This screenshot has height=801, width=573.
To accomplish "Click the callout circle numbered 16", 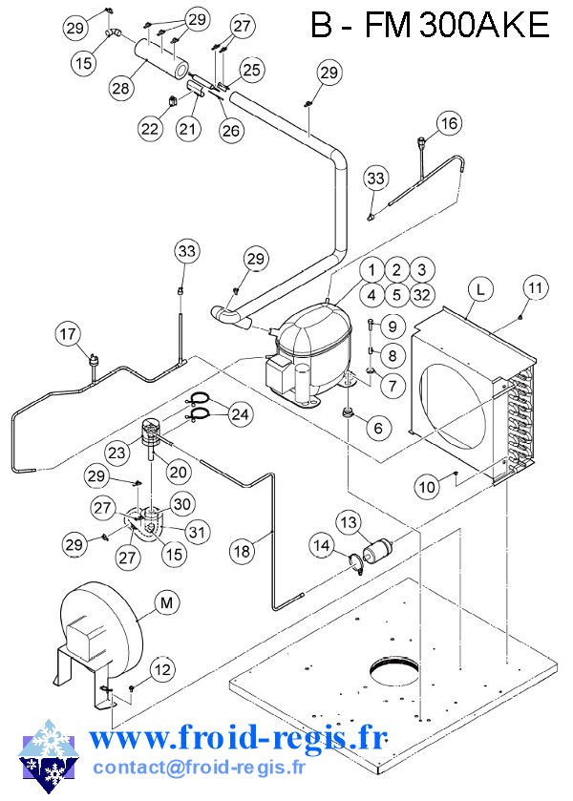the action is pos(449,123).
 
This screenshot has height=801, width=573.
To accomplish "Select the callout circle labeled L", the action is pos(480,289).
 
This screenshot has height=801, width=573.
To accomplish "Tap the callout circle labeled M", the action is pos(166,603).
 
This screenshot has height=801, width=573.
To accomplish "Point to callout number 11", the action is pos(535,288).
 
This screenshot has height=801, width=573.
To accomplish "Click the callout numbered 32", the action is pos(422,295).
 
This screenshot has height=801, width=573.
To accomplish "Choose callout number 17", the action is pos(68,334).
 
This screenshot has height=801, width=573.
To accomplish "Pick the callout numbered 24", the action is pos(240,413).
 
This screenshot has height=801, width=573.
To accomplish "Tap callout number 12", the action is pos(162,669).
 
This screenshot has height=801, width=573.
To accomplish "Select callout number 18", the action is pos(242,551).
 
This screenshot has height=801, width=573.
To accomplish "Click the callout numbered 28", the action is pos(120,89).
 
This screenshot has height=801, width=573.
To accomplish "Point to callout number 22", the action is pos(150,128).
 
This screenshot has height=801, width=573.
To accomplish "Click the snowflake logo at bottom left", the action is pos(50,756).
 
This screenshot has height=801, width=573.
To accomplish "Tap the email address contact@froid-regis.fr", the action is pos(199,767).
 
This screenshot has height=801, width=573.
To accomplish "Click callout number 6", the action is pos(378,428).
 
